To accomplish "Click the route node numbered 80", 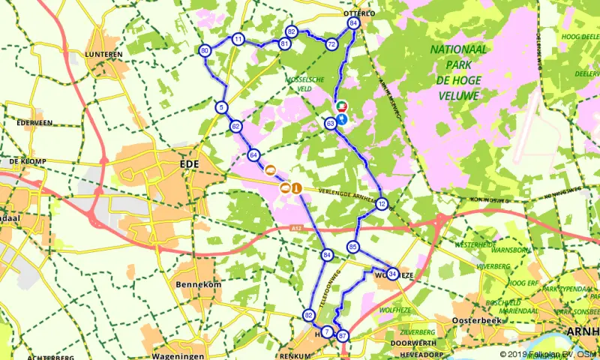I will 204,50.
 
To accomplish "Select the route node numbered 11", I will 238,39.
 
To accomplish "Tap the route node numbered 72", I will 331,44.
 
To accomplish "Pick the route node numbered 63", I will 331,123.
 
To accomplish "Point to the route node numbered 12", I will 382,204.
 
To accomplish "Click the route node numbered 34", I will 392,274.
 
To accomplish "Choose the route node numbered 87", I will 343,336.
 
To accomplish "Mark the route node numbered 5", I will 221,107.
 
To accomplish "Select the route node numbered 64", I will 253,155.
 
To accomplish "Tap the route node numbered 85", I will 353,246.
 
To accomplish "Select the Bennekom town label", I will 195,285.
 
